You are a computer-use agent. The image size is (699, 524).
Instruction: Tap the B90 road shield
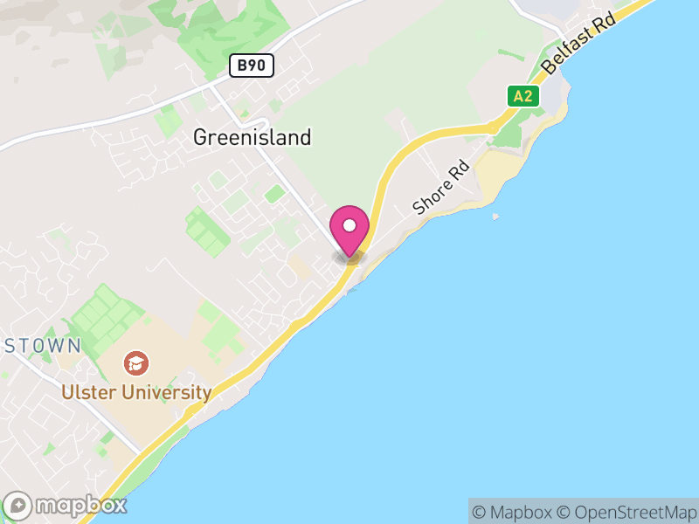pos(253,65)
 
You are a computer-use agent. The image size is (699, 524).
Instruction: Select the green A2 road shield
pos(523,96)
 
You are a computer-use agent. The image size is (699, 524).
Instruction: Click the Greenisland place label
pos(252,137)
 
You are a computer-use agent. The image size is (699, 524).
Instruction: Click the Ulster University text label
pos(136,393)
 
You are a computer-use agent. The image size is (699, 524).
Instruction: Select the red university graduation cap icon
pos(135,362)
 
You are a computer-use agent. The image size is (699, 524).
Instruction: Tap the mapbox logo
pos(66,505)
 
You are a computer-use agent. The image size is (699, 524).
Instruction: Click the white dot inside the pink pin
pos(349,225)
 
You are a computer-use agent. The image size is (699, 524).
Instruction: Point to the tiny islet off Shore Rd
pos(495,216)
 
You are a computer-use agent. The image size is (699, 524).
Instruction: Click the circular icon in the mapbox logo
pos(17,505)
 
